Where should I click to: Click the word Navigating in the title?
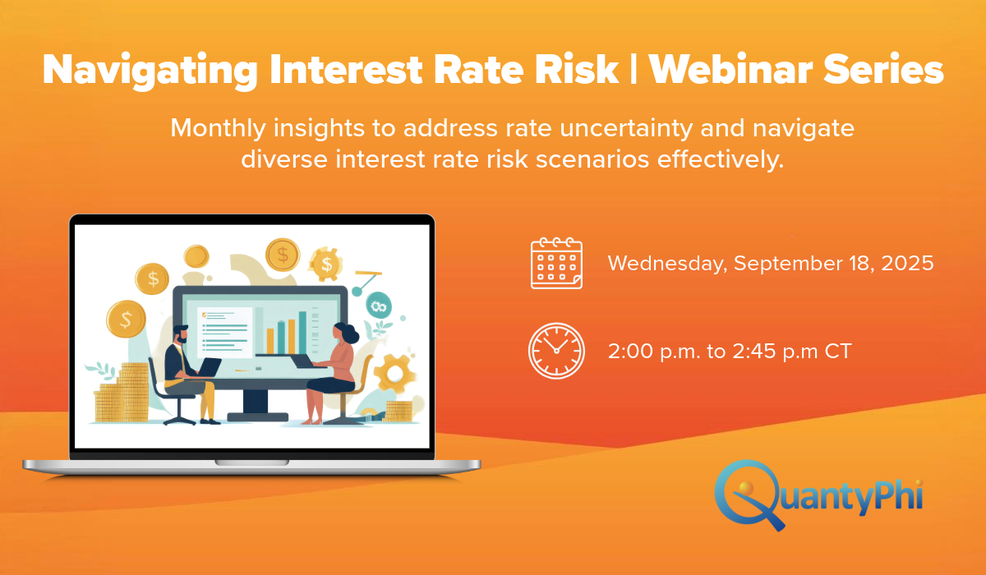[x=150, y=71]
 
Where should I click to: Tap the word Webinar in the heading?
[x=730, y=70]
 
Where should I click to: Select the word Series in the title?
[x=884, y=70]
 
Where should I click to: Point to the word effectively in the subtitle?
[x=721, y=159]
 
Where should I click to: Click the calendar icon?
[x=556, y=263]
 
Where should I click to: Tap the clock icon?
[x=556, y=351]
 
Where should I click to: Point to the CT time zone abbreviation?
[x=838, y=351]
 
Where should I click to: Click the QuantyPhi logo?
[x=818, y=495]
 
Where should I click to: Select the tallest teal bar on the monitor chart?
[x=303, y=333]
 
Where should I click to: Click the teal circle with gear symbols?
[x=379, y=306]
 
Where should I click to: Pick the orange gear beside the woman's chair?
[x=394, y=374]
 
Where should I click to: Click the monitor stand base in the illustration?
[x=257, y=417]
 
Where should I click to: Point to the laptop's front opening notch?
[x=251, y=462]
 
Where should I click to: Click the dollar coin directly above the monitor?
[x=283, y=255]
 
